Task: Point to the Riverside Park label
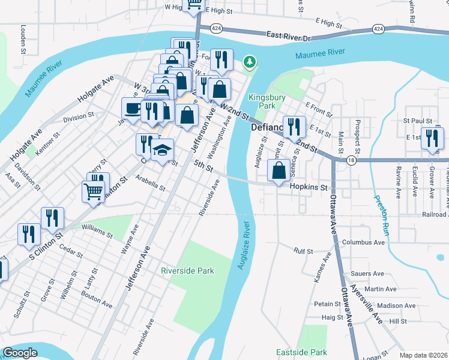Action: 187,271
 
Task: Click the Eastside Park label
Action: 301,352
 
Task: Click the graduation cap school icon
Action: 162,151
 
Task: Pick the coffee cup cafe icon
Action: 133,109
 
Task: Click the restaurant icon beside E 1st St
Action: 432,139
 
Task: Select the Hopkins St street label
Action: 309,187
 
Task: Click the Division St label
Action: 79,117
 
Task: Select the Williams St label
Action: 97,230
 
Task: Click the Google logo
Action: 20,353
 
